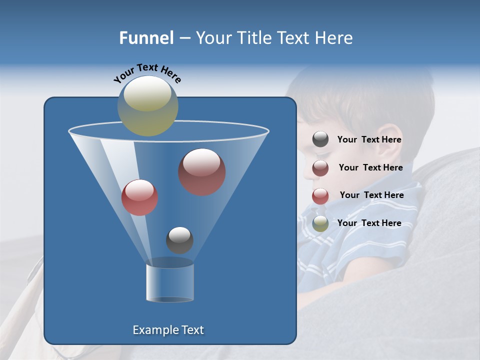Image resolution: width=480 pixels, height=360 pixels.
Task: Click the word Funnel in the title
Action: coord(146,38)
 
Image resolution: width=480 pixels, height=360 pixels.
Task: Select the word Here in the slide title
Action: coord(334,38)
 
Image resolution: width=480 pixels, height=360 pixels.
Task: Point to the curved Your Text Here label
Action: coord(147,72)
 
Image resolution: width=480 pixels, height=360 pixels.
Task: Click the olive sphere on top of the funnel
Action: coord(148,105)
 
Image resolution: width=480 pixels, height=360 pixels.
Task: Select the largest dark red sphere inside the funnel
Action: coord(202,172)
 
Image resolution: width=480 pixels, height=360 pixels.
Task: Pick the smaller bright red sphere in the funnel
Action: coord(140,197)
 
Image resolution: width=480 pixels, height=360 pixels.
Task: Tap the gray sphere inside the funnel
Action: coord(179,240)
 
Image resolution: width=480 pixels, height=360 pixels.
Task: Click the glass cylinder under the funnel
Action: coord(170,282)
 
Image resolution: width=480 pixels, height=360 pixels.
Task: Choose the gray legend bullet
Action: coord(320,139)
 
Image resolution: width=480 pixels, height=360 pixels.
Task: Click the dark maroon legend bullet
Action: coord(320,167)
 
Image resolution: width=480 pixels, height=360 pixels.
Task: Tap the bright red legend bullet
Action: coord(320,195)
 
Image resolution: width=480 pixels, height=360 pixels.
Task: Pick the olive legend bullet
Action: coord(320,223)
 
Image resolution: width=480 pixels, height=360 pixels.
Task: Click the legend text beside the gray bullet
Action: coord(369,140)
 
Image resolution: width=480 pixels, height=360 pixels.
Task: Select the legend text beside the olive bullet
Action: coord(369,223)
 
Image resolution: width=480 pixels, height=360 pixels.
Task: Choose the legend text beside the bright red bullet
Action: coord(372,195)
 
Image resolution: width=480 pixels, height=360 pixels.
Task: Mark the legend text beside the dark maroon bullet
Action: coord(371,167)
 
